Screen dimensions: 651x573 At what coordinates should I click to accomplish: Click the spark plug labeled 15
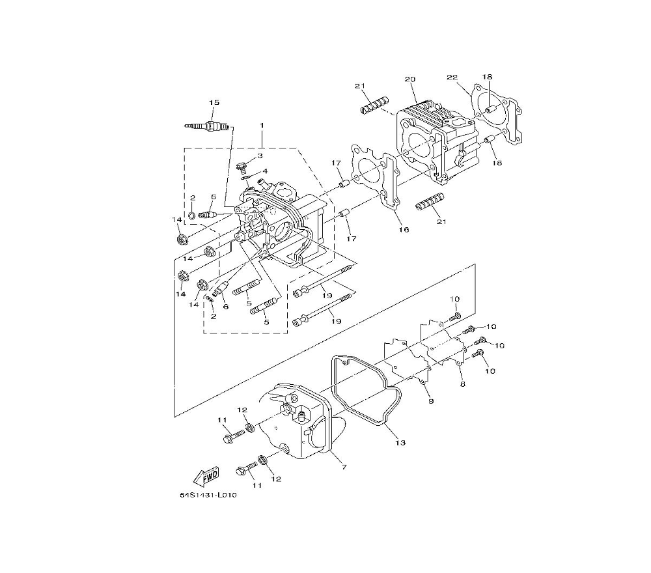[x=206, y=126]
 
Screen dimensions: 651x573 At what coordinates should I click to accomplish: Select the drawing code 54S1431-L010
[x=208, y=495]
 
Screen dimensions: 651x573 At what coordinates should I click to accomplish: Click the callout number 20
[x=410, y=79]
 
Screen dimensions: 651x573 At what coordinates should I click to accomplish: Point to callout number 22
[x=452, y=77]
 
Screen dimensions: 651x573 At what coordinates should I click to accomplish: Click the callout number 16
[x=404, y=229]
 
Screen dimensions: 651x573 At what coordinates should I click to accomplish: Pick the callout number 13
[x=400, y=443]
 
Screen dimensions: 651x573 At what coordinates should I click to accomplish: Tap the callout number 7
[x=344, y=467]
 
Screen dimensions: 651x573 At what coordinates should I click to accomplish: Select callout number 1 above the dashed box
[x=262, y=125]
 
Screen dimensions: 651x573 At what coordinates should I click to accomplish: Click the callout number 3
[x=260, y=156]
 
